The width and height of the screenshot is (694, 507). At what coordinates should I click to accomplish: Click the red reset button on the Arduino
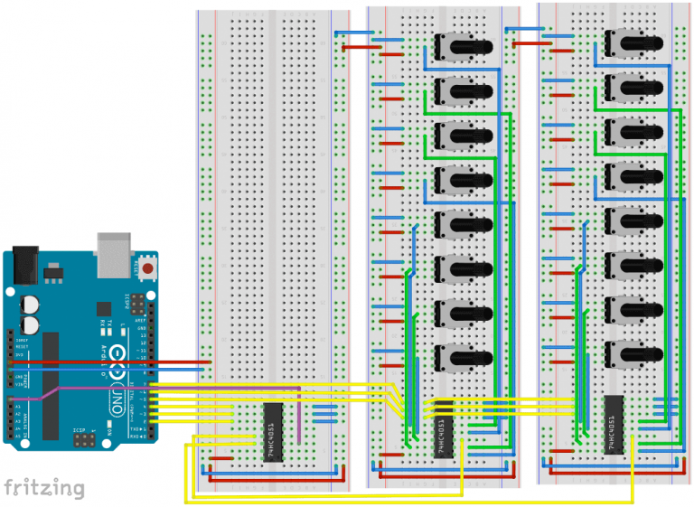(147, 269)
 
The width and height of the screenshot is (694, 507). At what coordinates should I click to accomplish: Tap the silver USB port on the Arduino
(114, 247)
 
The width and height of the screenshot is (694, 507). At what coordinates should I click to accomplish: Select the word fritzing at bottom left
(44, 488)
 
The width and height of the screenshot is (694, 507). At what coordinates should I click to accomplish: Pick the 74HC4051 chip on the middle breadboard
(443, 432)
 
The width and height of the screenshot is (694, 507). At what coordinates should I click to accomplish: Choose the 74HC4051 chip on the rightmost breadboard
(614, 424)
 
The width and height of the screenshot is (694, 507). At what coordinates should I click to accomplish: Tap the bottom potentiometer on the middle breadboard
(461, 354)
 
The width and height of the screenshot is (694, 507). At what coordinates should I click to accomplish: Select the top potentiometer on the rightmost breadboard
(632, 41)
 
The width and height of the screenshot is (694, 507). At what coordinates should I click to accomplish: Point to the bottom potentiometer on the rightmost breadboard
(632, 351)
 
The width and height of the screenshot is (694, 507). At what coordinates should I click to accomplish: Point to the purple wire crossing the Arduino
(54, 391)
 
